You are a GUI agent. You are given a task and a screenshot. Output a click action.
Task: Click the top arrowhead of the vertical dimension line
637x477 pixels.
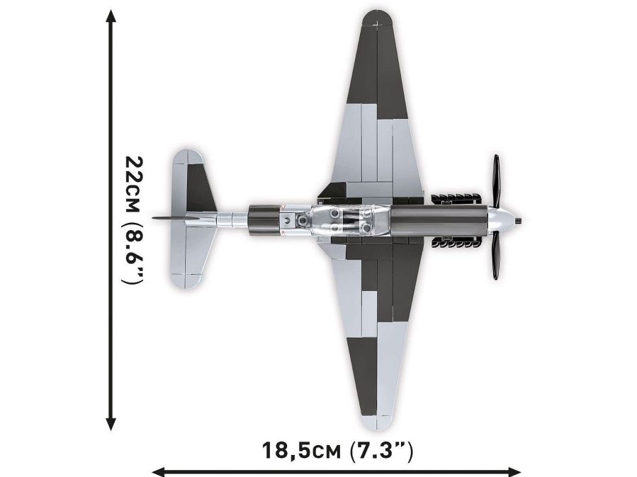(x=110, y=16)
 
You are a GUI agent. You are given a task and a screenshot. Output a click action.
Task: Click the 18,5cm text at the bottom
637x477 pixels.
(x=301, y=450)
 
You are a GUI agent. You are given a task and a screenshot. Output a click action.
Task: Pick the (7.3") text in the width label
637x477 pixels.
(x=380, y=450)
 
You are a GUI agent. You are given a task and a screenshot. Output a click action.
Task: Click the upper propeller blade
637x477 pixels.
(x=496, y=181)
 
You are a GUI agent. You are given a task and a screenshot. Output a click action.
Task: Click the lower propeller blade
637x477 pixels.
(x=496, y=256)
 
